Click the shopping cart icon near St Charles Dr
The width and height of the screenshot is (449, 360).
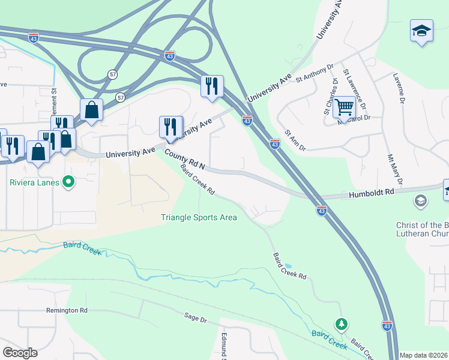click(x=344, y=107)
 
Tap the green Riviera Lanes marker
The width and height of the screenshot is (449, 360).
click(x=68, y=181)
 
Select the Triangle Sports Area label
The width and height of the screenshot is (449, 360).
click(x=199, y=217)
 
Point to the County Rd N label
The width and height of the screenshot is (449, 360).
click(x=185, y=160)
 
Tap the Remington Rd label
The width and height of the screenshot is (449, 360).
click(x=67, y=310)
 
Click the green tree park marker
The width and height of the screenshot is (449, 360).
click(x=342, y=325)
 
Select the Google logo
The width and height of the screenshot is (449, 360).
click(x=20, y=352)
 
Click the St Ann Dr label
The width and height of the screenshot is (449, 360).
click(x=295, y=140)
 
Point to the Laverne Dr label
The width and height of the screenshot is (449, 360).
click(x=399, y=89)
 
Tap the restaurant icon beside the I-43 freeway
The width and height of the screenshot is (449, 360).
click(x=212, y=86)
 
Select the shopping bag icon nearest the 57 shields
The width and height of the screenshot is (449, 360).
click(x=91, y=110)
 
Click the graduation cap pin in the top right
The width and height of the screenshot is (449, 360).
click(x=421, y=31)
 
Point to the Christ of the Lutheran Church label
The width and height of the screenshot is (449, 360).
click(x=422, y=230)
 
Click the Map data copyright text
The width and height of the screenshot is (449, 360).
click(x=424, y=355)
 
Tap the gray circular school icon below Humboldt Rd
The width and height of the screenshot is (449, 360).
click(x=421, y=200)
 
